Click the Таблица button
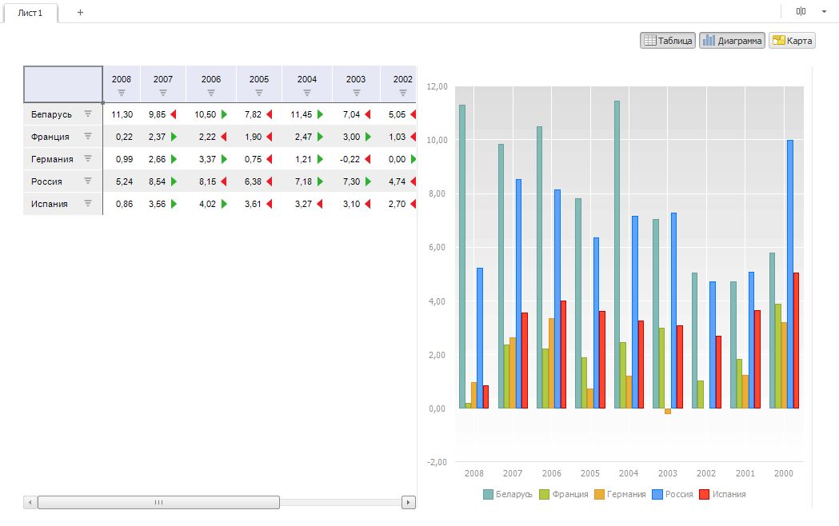[x=668, y=41]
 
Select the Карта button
[x=792, y=41]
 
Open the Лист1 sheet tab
[x=30, y=13]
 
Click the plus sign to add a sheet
[x=80, y=13]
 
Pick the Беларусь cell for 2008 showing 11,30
[x=122, y=114]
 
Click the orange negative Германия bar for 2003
[x=668, y=411]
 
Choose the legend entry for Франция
[x=565, y=494]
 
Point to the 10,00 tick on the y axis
[x=437, y=140]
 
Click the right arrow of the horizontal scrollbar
[x=409, y=502]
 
